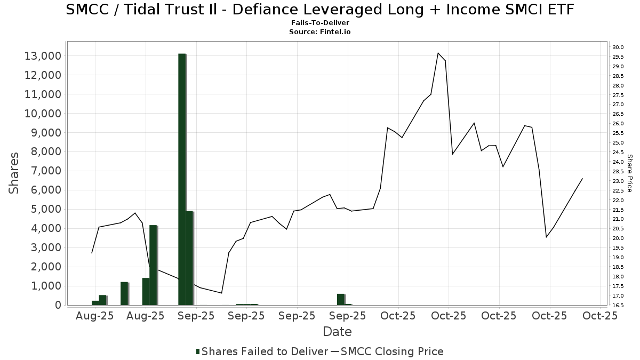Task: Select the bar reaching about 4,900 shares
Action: [x=189, y=258]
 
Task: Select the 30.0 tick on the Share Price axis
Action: [x=619, y=47]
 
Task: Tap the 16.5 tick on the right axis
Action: [x=619, y=305]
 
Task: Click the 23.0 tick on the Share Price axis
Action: [x=619, y=181]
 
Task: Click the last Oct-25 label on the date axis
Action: [x=600, y=316]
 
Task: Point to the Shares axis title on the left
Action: [x=14, y=173]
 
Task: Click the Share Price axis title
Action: [x=629, y=173]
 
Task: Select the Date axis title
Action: [x=337, y=332]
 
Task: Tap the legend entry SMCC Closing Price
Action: [x=392, y=351]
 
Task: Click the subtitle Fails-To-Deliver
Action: [x=320, y=23]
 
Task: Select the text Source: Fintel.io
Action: [x=320, y=31]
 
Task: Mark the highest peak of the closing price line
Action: [x=438, y=53]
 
